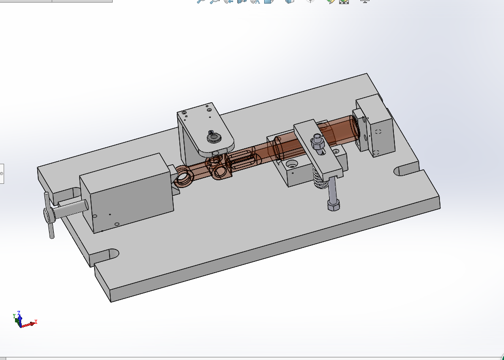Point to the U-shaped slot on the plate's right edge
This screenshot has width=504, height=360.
click(406, 170)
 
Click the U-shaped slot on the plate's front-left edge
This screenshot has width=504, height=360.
click(106, 255)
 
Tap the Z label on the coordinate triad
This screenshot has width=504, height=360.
click(19, 313)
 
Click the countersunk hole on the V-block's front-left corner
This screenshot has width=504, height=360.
click(291, 165)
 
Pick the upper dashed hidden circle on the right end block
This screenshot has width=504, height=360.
click(378, 131)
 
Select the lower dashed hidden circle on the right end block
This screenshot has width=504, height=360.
click(376, 152)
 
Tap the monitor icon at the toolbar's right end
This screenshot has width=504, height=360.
click(365, 2)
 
